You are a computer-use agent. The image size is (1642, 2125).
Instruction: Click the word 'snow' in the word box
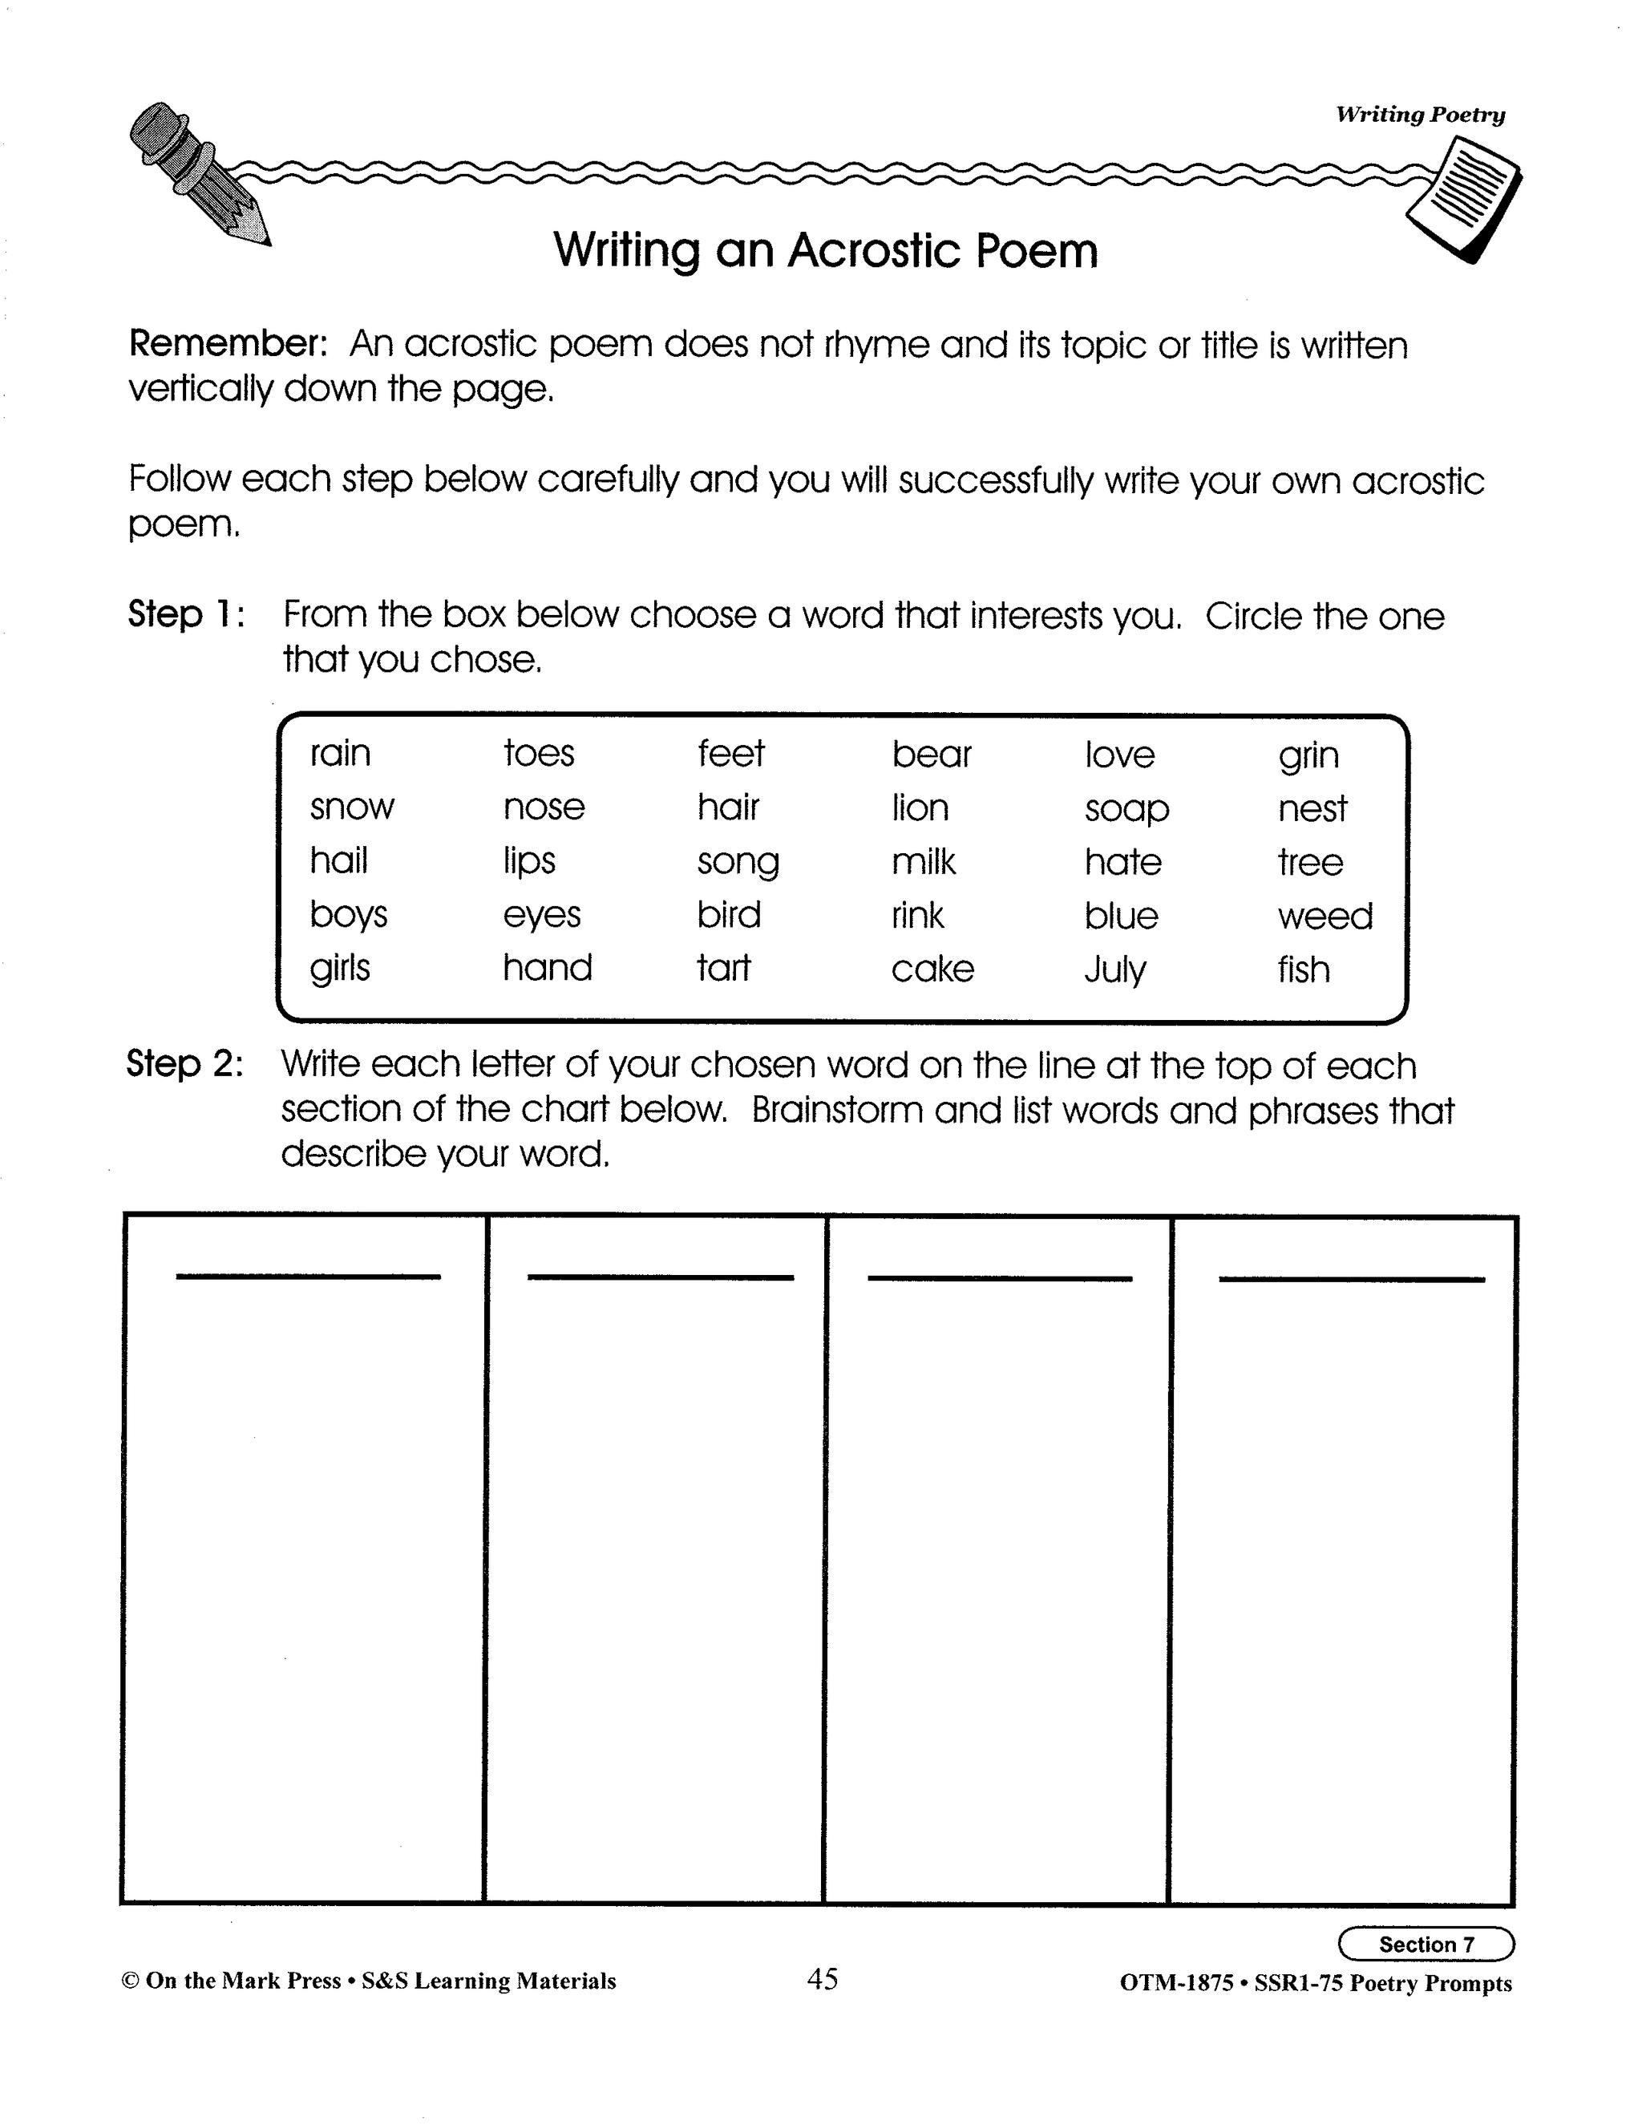(351, 807)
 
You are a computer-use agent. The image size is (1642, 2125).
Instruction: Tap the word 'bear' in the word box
(931, 754)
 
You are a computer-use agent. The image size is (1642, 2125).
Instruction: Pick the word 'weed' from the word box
(1325, 916)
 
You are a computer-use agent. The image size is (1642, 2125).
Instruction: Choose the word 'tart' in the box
(724, 968)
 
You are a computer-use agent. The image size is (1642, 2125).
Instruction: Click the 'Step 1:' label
(186, 615)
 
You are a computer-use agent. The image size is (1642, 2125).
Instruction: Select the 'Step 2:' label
(185, 1063)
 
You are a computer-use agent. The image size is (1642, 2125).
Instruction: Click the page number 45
(822, 1978)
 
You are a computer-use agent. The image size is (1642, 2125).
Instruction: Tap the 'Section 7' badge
(1426, 1944)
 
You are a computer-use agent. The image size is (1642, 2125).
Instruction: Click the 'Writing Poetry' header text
(1419, 115)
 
